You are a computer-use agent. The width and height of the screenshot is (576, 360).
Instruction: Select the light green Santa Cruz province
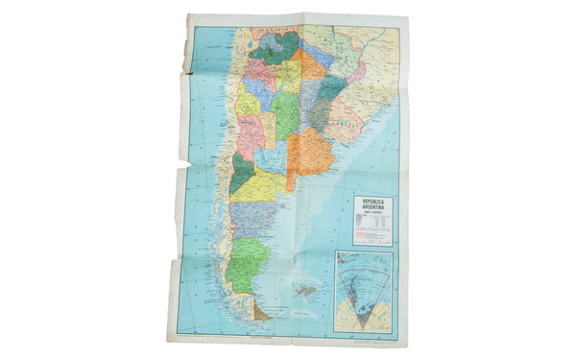click(x=248, y=260)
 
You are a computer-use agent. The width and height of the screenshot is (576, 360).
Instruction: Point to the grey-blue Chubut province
click(x=252, y=217)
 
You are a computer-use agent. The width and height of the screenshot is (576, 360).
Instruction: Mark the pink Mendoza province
click(x=252, y=134)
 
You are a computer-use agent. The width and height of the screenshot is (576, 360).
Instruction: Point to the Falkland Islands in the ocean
click(x=307, y=288)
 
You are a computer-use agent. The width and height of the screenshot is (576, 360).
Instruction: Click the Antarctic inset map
click(x=362, y=288)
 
